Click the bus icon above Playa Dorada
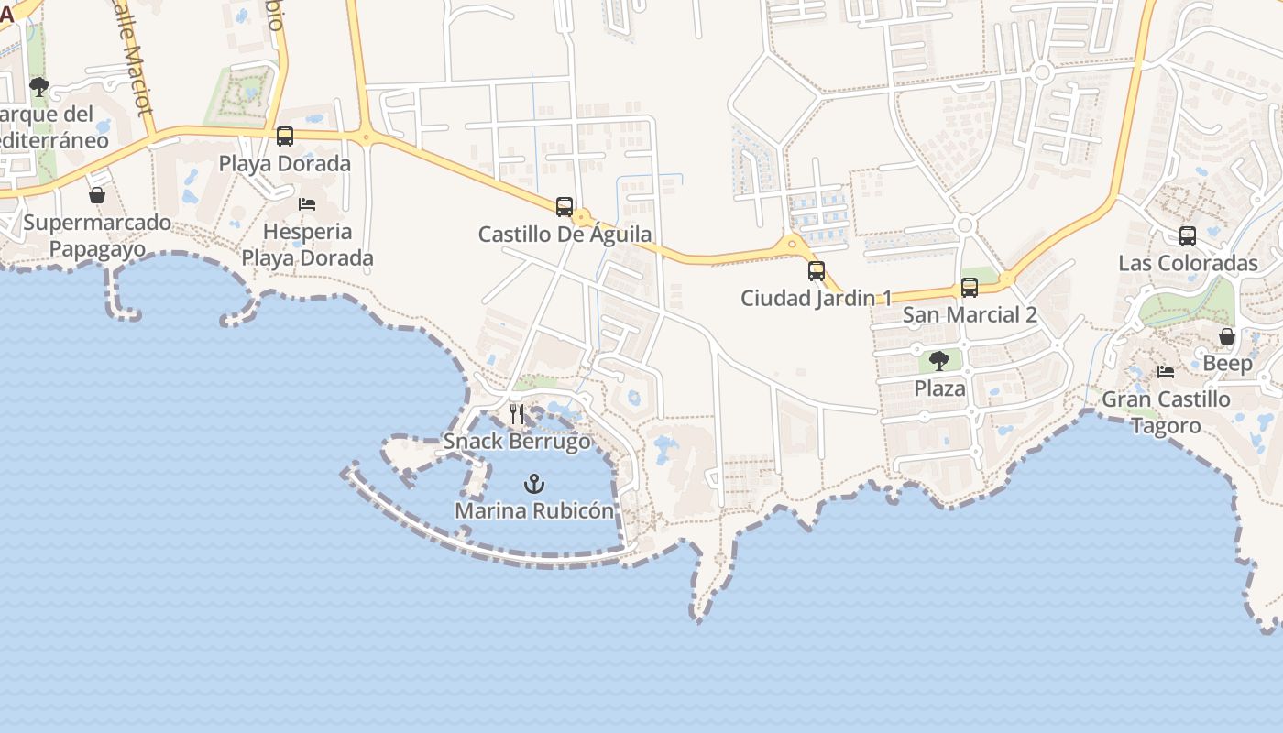[x=285, y=137]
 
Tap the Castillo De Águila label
[x=565, y=235]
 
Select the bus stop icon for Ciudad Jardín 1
[x=816, y=271]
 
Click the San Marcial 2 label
[x=970, y=315]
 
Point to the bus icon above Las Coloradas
[x=1188, y=236]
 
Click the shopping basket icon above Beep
[x=1227, y=337]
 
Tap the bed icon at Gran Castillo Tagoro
[x=1166, y=372]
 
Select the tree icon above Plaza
[x=939, y=361]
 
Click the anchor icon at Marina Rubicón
[x=534, y=484]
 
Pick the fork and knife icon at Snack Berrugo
[x=517, y=414]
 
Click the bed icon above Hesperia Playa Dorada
[x=307, y=203]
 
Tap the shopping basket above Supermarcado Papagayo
[x=97, y=195]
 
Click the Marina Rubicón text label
[x=534, y=511]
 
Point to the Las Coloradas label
[x=1188, y=264]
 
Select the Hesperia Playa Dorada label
[x=307, y=245]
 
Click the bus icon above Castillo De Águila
[x=565, y=207]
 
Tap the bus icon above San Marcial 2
[x=970, y=288]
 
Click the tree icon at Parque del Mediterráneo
[x=38, y=87]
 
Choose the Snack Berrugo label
[x=517, y=442]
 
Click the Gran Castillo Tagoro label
[x=1166, y=412]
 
